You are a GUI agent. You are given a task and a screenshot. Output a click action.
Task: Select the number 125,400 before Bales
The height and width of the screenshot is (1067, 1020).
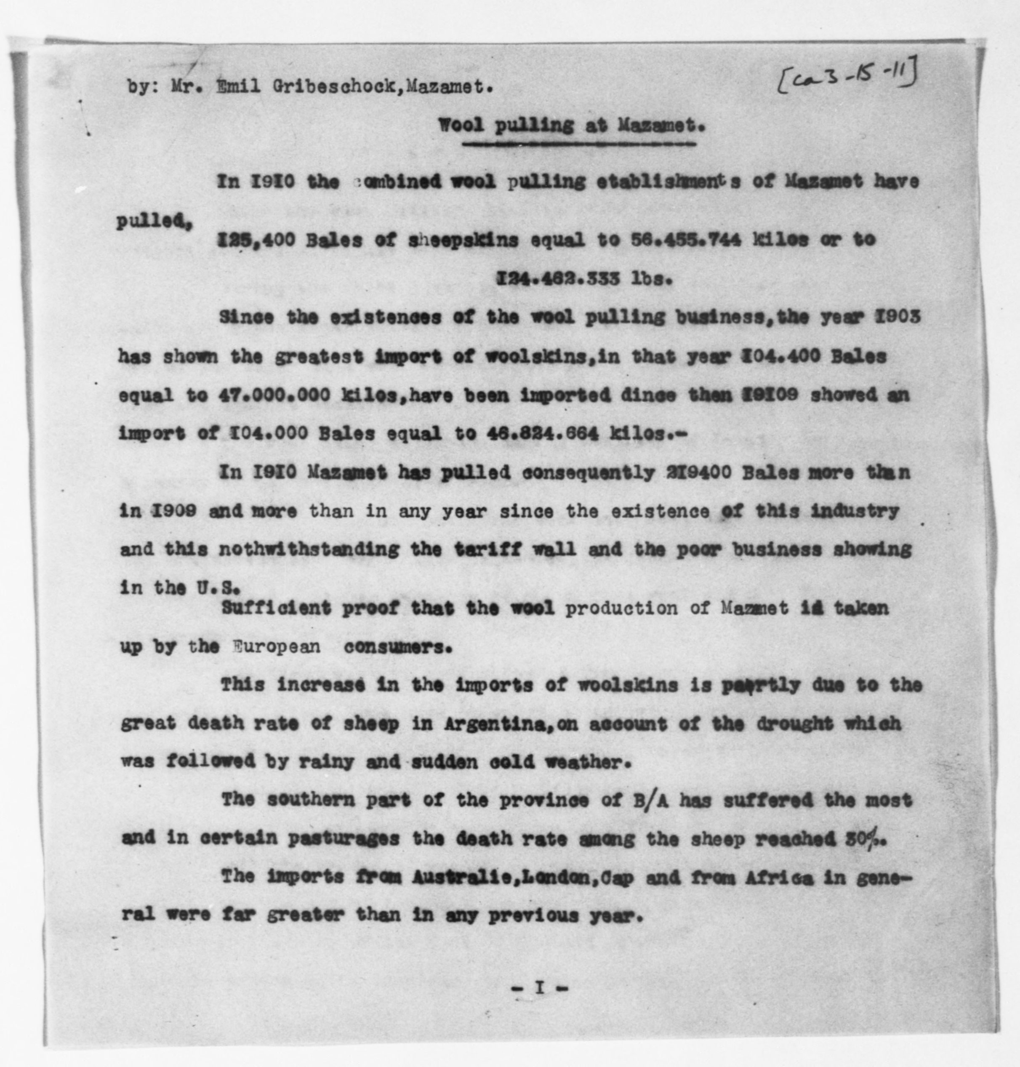[256, 240]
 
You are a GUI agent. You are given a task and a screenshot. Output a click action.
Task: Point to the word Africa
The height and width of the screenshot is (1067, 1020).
[771, 878]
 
